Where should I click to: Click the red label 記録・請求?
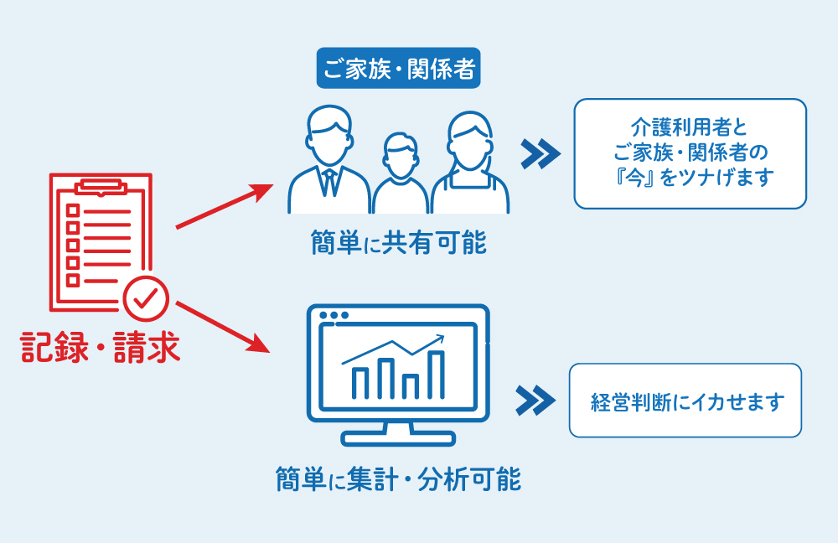100,348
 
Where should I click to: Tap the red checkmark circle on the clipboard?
146,296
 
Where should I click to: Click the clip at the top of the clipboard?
101,184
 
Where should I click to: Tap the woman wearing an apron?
470,163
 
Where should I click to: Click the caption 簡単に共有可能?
396,243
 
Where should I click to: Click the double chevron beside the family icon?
539,153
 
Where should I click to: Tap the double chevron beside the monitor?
535,401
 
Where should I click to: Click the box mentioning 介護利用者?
690,153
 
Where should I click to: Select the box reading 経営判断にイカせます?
685,401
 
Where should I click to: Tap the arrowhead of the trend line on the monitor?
439,339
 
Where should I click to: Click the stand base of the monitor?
398,439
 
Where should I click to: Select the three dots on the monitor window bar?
334,316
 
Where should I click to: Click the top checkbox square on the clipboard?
72,209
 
